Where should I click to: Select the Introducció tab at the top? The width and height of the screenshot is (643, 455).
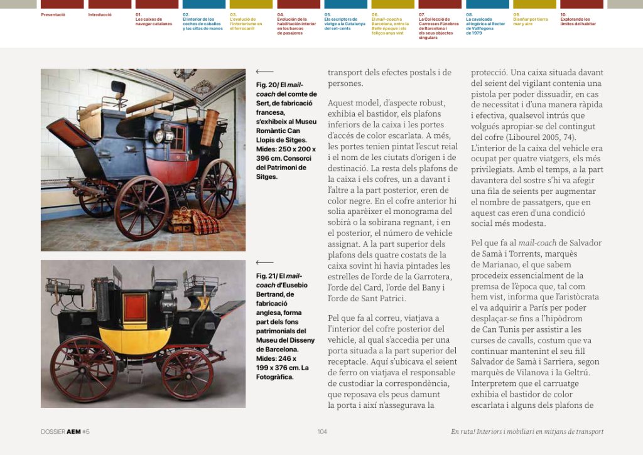pyautogui.click(x=100, y=14)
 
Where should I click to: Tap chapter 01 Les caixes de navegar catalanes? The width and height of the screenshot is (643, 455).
pyautogui.click(x=153, y=21)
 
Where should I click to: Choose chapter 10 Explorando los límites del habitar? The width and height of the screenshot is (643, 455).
pyautogui.click(x=578, y=21)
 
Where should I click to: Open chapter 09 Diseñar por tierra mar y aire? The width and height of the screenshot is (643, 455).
pyautogui.click(x=531, y=21)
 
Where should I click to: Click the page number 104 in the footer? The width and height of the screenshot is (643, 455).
pyautogui.click(x=322, y=431)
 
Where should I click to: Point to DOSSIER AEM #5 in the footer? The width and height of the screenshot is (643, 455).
pyautogui.click(x=65, y=431)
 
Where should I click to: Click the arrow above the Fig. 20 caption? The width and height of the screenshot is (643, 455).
pyautogui.click(x=264, y=72)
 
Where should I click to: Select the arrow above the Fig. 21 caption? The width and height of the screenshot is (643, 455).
pyautogui.click(x=264, y=263)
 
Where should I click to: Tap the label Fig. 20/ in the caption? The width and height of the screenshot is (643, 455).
pyautogui.click(x=266, y=85)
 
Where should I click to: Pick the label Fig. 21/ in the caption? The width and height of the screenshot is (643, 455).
pyautogui.click(x=266, y=276)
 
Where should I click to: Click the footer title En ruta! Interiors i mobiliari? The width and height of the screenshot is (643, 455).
pyautogui.click(x=527, y=431)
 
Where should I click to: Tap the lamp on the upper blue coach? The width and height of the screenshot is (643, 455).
pyautogui.click(x=159, y=135)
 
